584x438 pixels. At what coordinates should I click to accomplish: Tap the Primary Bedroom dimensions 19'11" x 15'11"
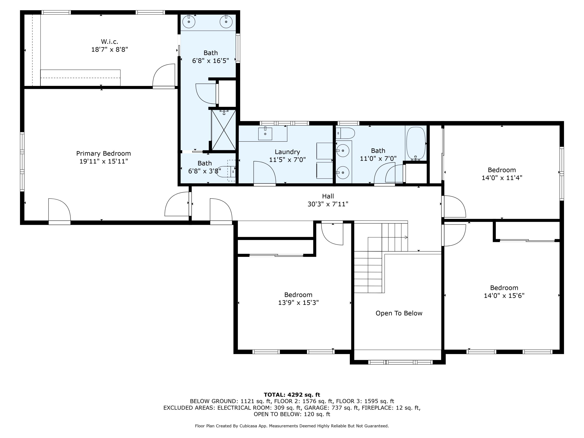[104, 161]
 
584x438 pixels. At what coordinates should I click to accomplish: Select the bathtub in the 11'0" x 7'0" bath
[416, 143]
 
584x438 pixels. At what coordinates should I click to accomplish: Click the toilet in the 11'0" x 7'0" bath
[346, 133]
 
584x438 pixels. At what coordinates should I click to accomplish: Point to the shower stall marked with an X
[224, 130]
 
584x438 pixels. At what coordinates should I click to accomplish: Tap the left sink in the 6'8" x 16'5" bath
[189, 22]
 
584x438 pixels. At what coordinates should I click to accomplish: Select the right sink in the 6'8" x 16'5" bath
[226, 22]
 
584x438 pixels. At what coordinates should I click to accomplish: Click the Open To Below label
[399, 313]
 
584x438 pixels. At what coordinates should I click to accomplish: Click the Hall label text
[328, 196]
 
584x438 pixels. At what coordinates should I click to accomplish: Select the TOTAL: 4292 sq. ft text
[292, 395]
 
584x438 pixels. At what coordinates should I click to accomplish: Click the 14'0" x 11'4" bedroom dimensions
[502, 178]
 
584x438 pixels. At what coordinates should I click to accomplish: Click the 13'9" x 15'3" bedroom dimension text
[298, 303]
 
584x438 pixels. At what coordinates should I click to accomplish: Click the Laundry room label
[287, 152]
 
